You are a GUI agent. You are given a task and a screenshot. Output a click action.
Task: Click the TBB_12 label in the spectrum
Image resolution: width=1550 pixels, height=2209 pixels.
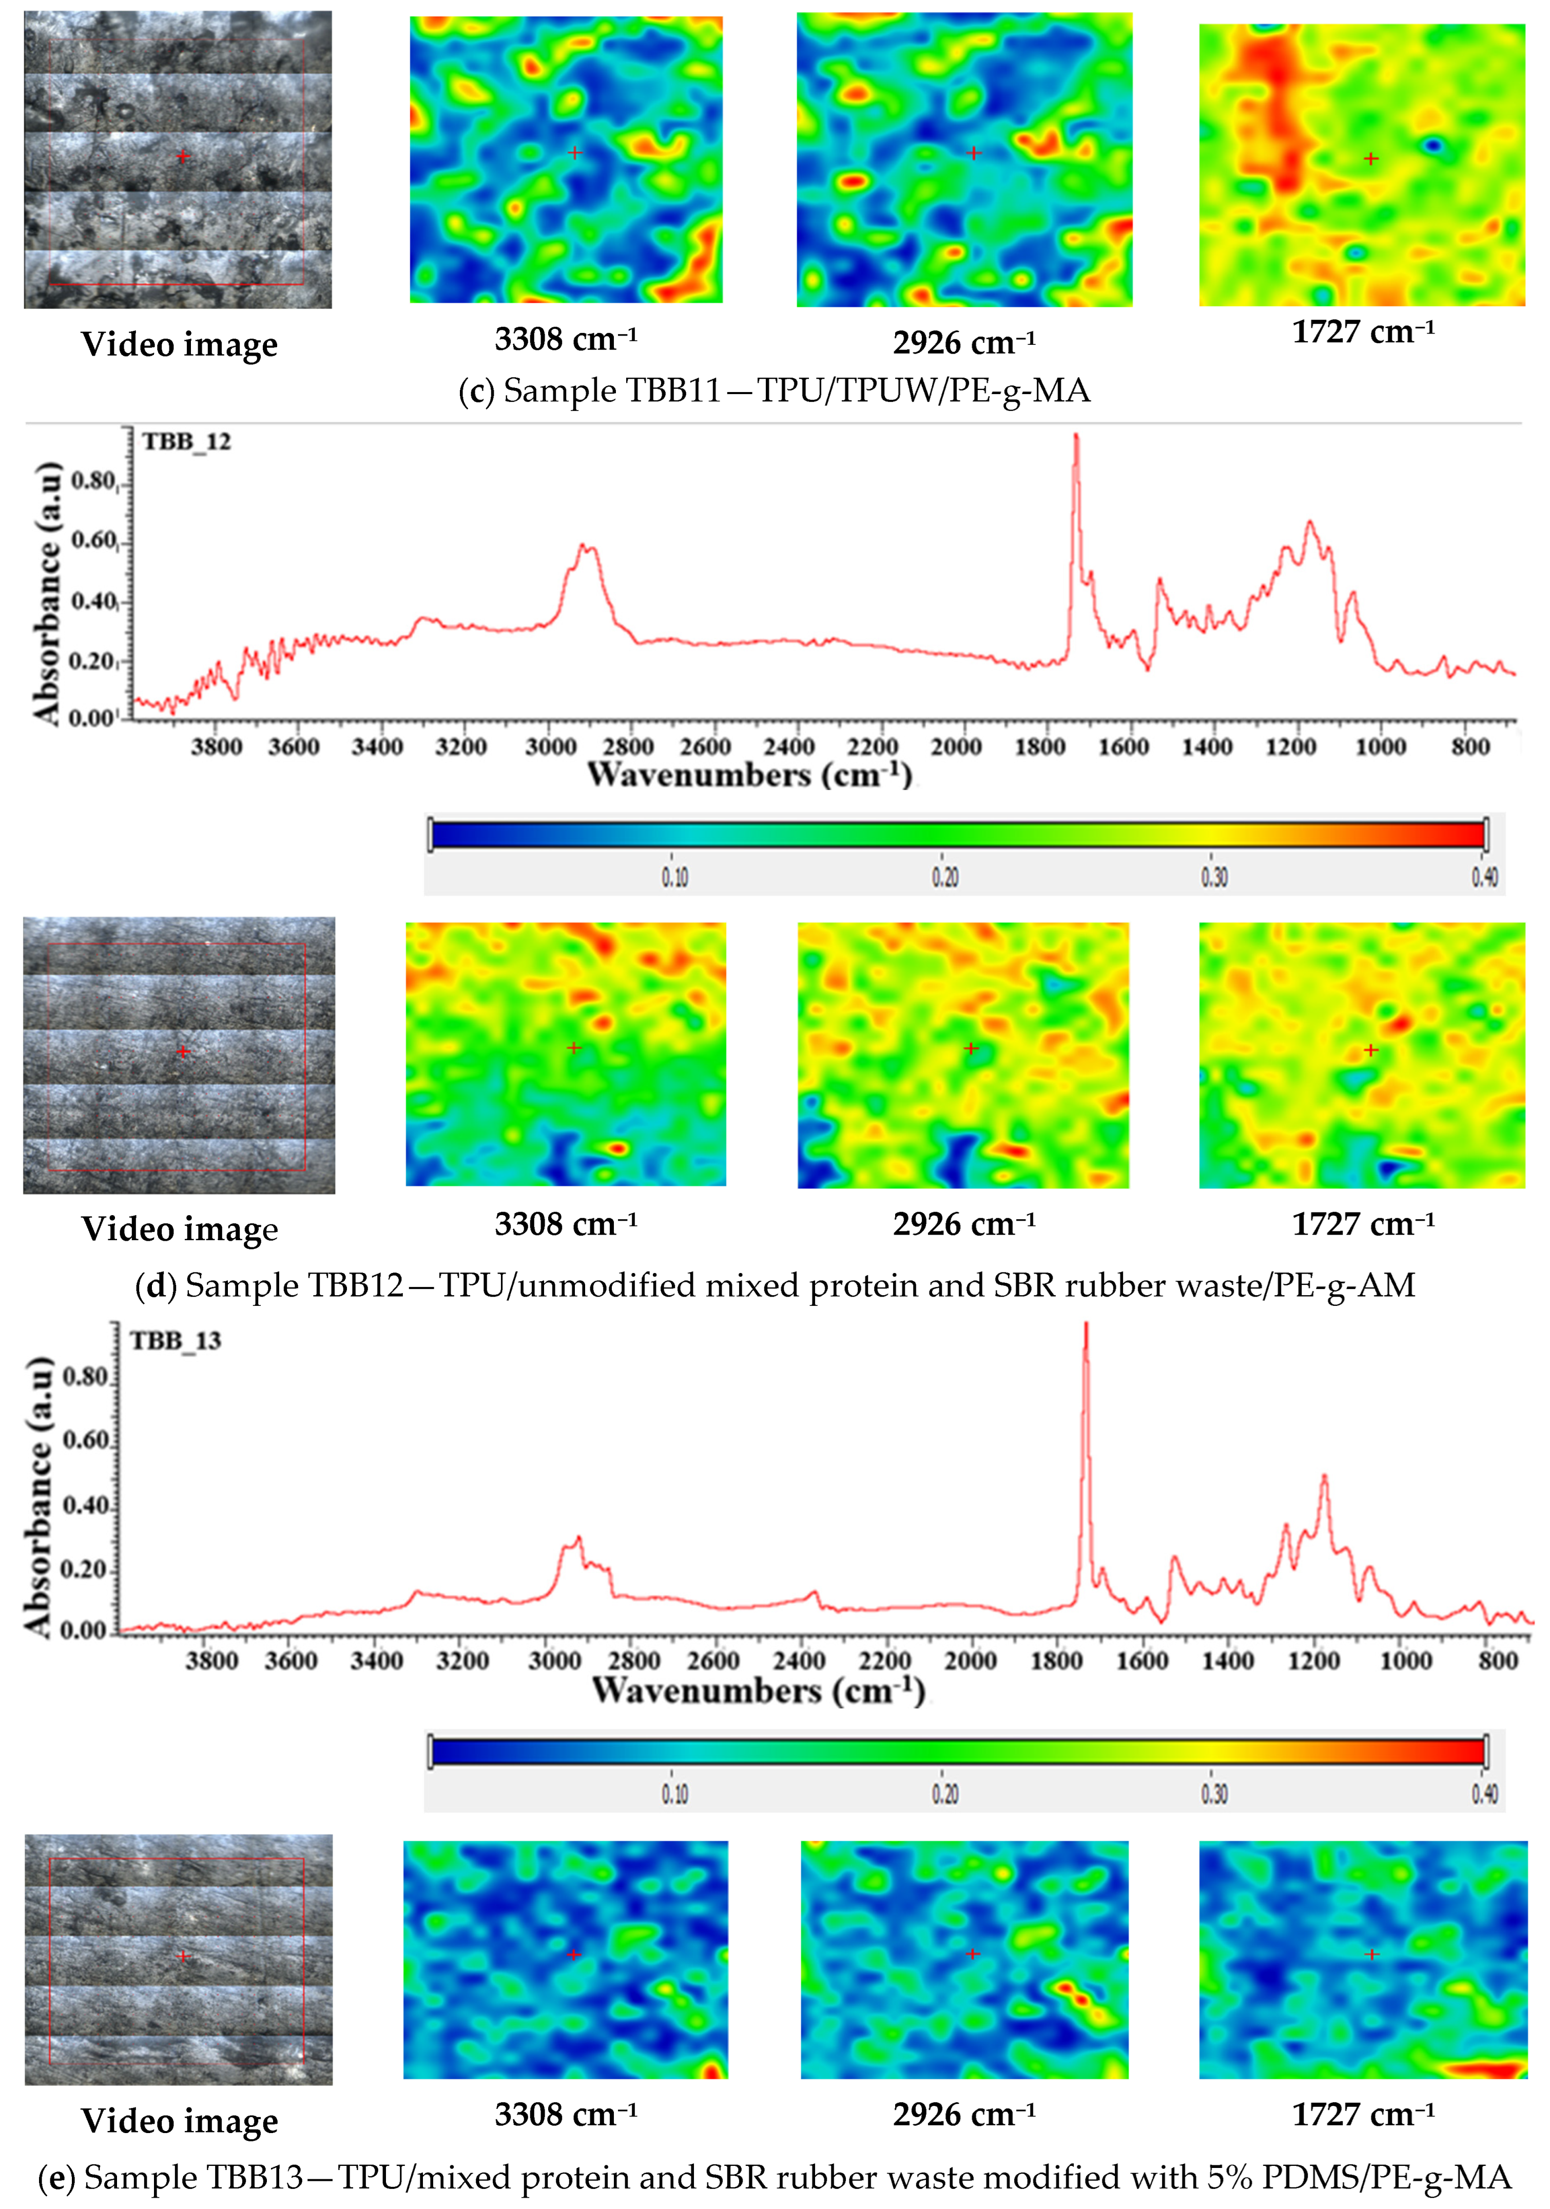coord(187,442)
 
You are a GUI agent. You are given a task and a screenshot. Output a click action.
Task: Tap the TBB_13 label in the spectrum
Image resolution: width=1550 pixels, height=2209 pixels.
coord(176,1340)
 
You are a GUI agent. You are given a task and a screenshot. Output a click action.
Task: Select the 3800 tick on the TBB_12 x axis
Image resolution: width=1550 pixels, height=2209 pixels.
coord(217,747)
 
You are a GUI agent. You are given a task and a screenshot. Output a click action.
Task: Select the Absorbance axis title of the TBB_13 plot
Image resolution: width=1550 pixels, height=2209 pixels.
coord(38,1496)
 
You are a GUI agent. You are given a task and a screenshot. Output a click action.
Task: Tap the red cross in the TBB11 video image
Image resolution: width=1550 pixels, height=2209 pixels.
coord(183,156)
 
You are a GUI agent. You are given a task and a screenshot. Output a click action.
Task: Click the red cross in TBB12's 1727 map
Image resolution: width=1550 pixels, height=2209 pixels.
coord(1371,1050)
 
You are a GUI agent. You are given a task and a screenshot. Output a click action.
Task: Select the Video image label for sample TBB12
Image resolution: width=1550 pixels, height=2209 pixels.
coord(180,1229)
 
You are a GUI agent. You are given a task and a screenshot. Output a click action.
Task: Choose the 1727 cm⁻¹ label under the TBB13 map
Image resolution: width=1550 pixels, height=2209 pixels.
coord(1362,2114)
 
